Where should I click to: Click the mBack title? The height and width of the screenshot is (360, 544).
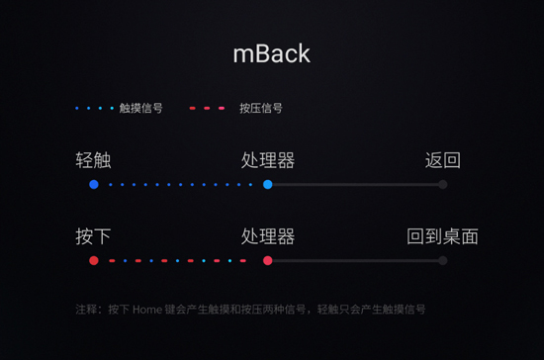pyautogui.click(x=271, y=53)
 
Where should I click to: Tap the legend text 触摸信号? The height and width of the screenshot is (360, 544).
pyautogui.click(x=140, y=108)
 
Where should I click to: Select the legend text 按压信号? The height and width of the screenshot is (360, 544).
pyautogui.click(x=261, y=108)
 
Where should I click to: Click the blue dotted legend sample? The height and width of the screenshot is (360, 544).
pyautogui.click(x=95, y=108)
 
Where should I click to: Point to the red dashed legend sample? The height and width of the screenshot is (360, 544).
pyautogui.click(x=207, y=108)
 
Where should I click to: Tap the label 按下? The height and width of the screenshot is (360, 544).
pyautogui.click(x=93, y=236)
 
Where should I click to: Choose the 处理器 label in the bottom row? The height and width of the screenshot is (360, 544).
pyautogui.click(x=267, y=236)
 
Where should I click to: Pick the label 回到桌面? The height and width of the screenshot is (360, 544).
pyautogui.click(x=442, y=236)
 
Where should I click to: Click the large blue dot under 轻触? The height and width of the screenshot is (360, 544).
pyautogui.click(x=94, y=185)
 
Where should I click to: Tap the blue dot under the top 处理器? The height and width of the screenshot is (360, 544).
pyautogui.click(x=268, y=185)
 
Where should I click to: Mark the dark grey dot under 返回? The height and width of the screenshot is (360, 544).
pyautogui.click(x=442, y=185)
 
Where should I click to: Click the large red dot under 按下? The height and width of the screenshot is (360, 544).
pyautogui.click(x=94, y=261)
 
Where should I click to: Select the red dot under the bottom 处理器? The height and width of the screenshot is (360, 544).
pyautogui.click(x=268, y=261)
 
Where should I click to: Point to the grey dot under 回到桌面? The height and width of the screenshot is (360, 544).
pyautogui.click(x=442, y=261)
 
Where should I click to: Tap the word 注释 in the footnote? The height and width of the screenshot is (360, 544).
pyautogui.click(x=87, y=310)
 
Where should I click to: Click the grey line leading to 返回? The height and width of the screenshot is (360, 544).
pyautogui.click(x=356, y=185)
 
